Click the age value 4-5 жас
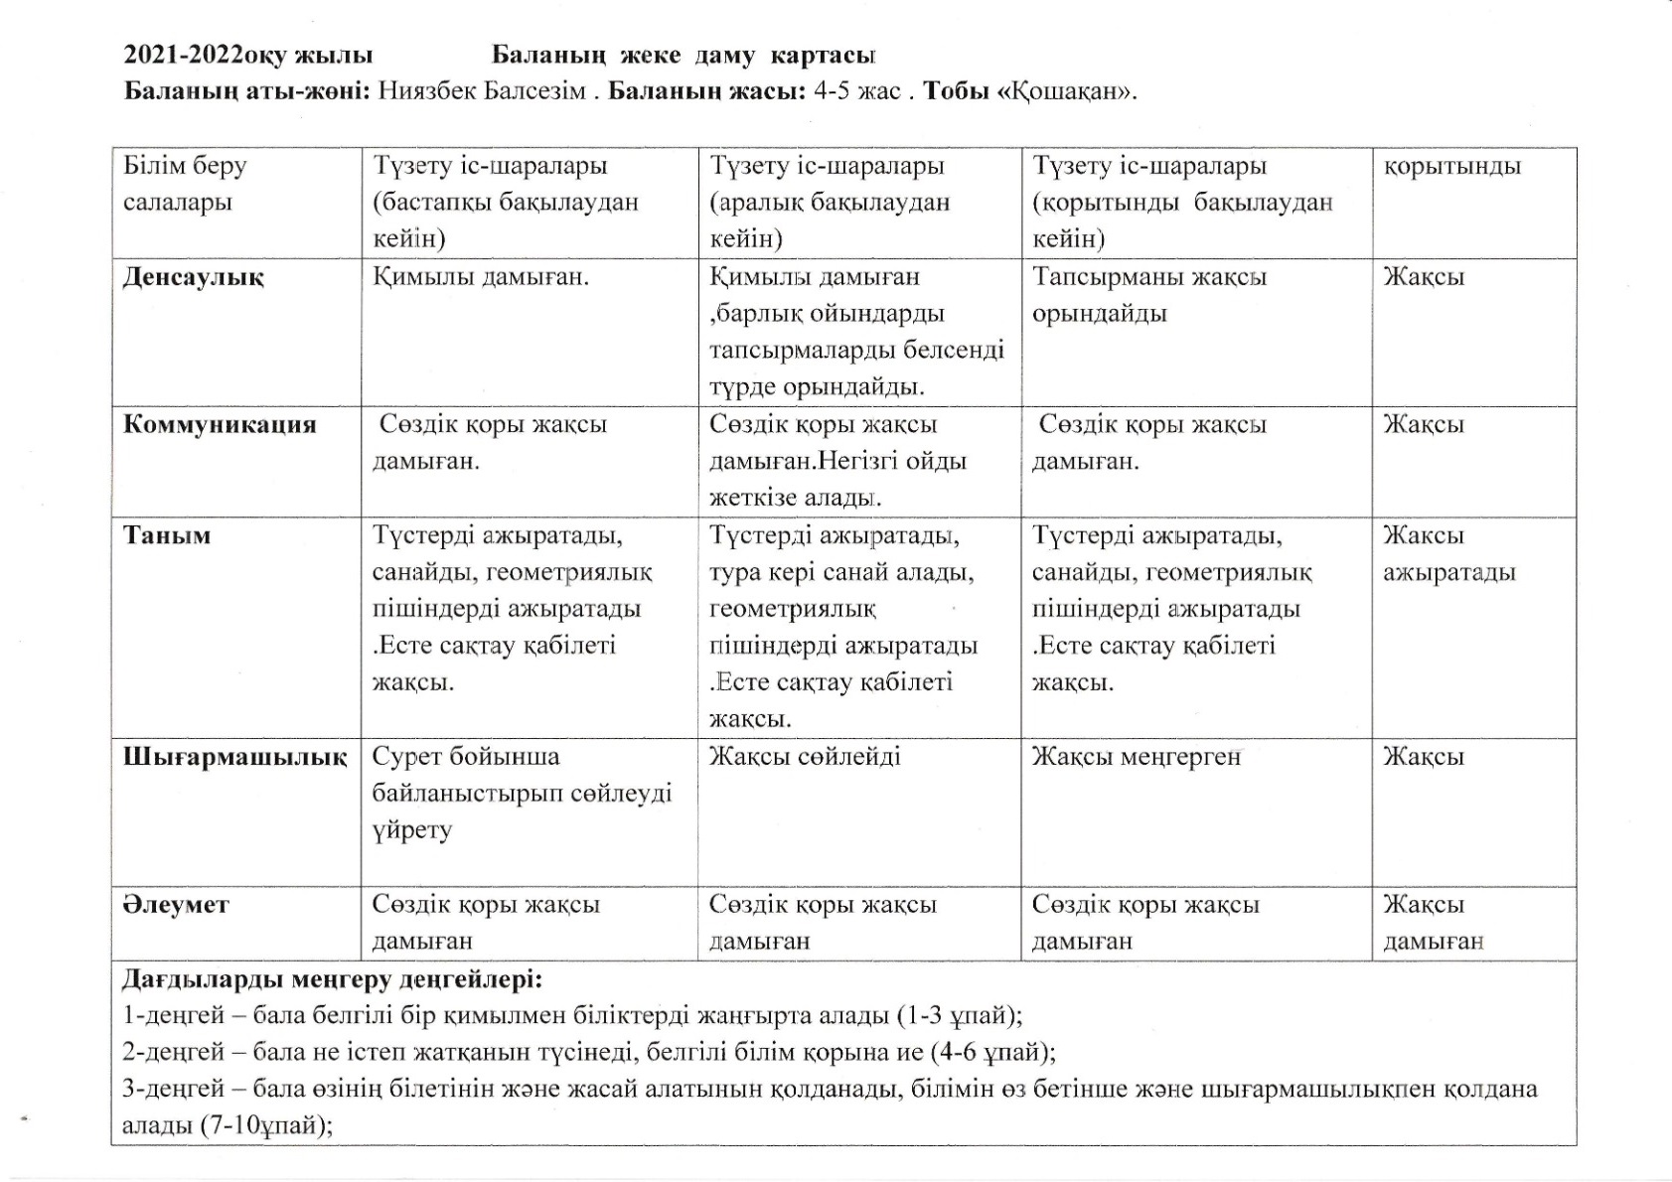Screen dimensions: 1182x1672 click(856, 91)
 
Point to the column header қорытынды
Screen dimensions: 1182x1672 click(1451, 166)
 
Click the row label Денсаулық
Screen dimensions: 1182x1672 click(193, 277)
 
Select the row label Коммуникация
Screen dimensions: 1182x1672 click(220, 425)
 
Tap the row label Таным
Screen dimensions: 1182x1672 click(167, 536)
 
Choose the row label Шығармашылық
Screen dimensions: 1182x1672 click(234, 757)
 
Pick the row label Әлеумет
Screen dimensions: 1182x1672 click(176, 905)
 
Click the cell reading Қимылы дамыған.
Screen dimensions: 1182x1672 click(481, 277)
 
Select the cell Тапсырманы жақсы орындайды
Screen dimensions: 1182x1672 click(1148, 295)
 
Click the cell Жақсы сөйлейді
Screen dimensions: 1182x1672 click(805, 757)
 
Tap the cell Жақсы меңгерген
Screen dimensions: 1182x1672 click(1137, 757)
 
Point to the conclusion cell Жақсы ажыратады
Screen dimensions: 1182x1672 click(1448, 554)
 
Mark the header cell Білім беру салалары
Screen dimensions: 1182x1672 click(185, 184)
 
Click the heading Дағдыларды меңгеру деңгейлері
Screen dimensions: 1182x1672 click(332, 980)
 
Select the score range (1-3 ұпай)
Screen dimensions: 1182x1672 click(959, 1016)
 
